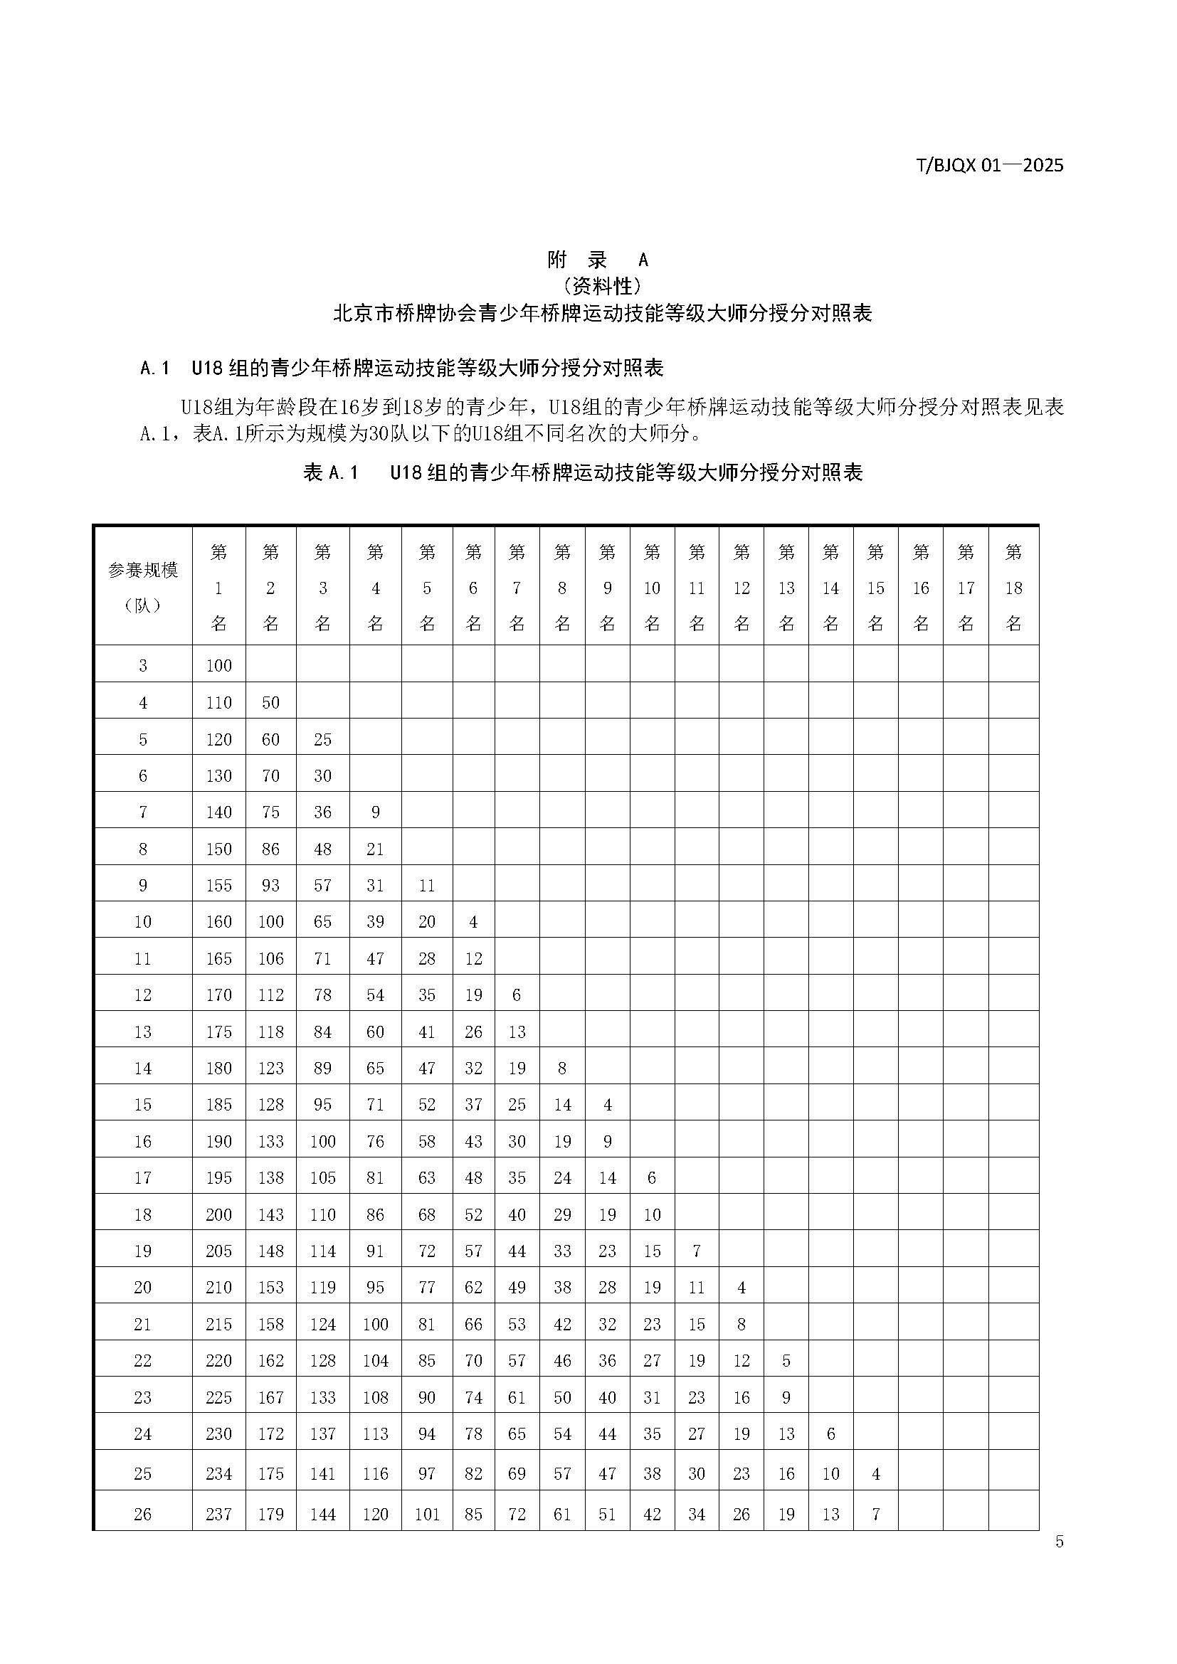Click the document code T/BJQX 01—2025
(x=990, y=165)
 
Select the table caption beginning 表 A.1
(x=583, y=472)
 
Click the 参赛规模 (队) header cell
(x=143, y=587)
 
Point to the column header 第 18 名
(x=1013, y=588)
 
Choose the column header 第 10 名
(x=652, y=588)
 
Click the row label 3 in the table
(x=143, y=665)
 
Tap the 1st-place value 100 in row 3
(x=219, y=665)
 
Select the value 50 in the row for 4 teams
(x=270, y=702)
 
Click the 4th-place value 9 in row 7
(x=376, y=812)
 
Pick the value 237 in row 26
(x=219, y=1514)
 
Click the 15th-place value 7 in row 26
(x=875, y=1514)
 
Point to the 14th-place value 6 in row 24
(x=830, y=1434)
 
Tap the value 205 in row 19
(x=219, y=1251)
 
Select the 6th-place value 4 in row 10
(x=473, y=922)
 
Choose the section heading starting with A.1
(x=401, y=369)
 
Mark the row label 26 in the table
(x=143, y=1514)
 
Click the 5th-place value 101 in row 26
(x=427, y=1514)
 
